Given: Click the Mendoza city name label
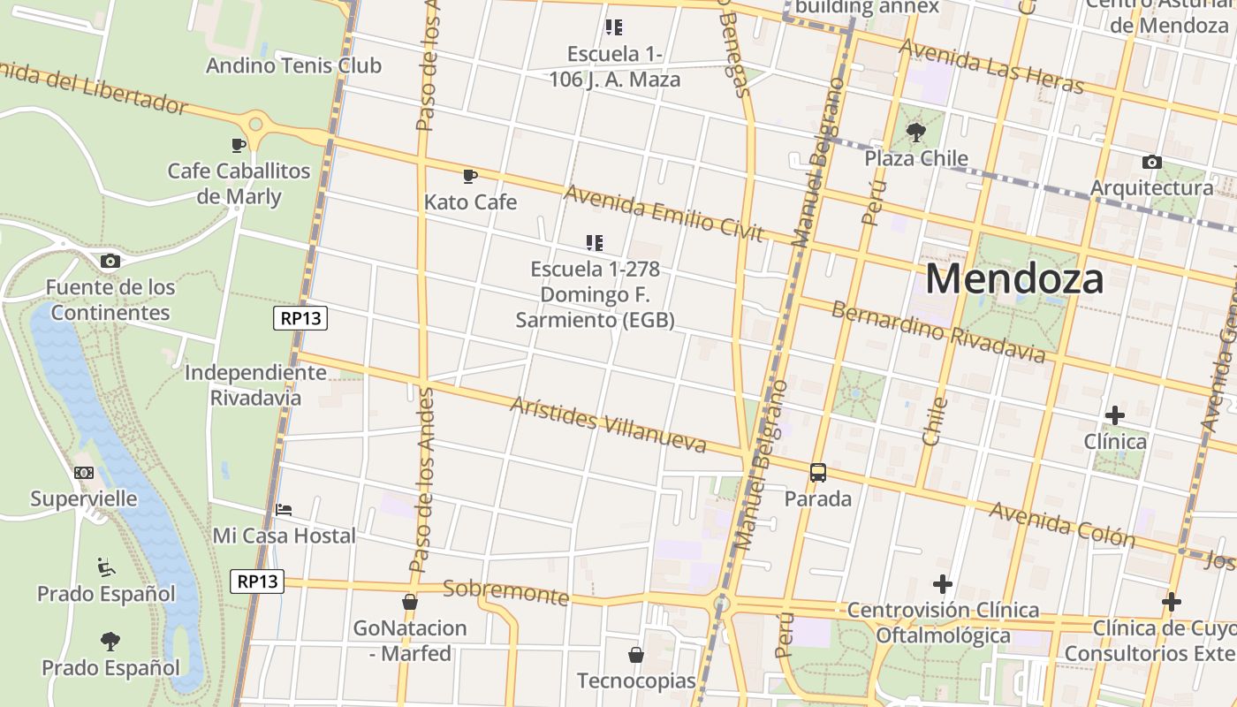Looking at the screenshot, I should tap(1014, 279).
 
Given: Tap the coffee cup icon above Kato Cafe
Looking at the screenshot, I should tap(470, 177).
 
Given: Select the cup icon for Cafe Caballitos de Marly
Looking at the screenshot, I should tap(238, 145).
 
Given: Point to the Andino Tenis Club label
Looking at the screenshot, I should tap(293, 65).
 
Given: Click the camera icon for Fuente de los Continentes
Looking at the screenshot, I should tap(110, 261).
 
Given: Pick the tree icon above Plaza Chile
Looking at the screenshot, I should tap(916, 133).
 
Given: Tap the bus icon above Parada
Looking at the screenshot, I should tap(818, 473).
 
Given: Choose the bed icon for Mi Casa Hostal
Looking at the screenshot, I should tap(284, 510).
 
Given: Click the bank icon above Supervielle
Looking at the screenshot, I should tap(84, 473).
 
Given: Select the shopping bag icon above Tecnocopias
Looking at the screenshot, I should tap(635, 655).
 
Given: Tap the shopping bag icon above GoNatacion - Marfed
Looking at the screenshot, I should tap(409, 602).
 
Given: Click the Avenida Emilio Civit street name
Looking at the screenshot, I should tap(663, 212).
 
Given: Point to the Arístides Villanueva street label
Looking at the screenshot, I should tap(608, 424).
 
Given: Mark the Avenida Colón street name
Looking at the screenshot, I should tap(1061, 523).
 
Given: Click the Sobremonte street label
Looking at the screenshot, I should tap(505, 592).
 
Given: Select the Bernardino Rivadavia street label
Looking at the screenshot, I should tap(938, 331).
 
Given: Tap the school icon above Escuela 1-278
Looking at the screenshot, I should tap(595, 242).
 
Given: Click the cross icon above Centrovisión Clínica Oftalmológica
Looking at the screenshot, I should tap(943, 584).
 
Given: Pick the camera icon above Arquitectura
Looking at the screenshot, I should tap(1151, 162).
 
